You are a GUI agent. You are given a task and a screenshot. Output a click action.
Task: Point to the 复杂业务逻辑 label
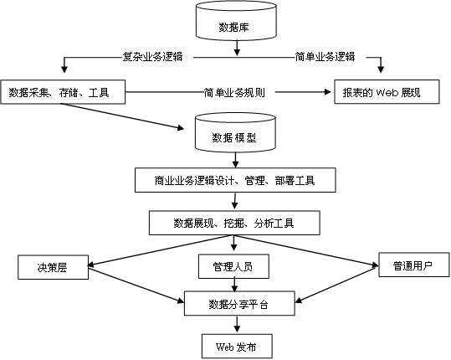click(152, 57)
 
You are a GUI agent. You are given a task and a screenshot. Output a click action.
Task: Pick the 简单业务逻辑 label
click(325, 57)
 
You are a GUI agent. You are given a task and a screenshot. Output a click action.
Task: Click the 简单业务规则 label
click(234, 92)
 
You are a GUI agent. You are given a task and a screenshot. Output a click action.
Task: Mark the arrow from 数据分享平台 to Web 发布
click(237, 324)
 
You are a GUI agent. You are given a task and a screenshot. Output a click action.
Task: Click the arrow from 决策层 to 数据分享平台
click(136, 285)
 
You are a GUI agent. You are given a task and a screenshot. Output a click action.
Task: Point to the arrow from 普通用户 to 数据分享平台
click(336, 285)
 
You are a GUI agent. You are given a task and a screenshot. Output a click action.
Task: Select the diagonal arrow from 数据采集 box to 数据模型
click(122, 116)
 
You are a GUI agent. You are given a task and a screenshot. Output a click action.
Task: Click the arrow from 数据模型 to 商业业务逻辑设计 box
click(236, 160)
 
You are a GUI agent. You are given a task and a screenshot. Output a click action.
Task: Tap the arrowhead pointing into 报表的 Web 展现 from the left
click(328, 92)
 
